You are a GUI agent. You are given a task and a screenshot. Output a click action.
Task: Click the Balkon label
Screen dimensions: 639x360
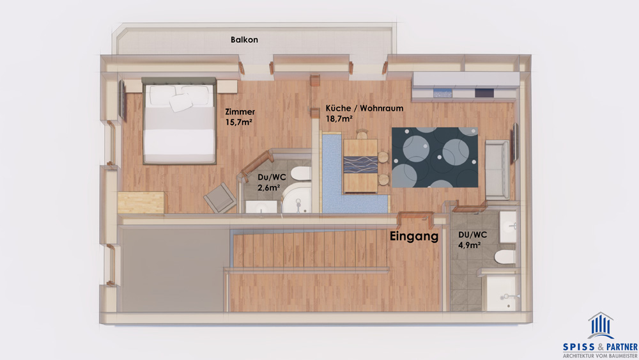(244, 40)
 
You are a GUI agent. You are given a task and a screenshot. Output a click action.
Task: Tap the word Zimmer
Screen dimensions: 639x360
(240, 112)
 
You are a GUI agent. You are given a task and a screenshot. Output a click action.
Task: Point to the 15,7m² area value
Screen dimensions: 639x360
(239, 122)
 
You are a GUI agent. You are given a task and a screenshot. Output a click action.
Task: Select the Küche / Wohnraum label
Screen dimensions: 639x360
(364, 109)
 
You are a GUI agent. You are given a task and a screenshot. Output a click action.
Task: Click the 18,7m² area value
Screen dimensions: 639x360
(339, 119)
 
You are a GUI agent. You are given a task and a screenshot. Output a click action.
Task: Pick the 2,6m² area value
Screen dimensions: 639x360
(268, 188)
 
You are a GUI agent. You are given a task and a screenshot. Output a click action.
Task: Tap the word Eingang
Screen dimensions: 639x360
(414, 237)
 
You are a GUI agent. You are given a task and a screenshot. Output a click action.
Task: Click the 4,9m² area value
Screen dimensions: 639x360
(470, 246)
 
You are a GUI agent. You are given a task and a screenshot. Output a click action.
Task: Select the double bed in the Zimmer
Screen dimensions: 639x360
(179, 121)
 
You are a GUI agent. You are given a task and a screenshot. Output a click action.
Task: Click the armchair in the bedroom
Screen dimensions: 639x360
(220, 198)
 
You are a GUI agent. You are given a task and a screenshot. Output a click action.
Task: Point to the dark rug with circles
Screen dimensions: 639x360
(435, 157)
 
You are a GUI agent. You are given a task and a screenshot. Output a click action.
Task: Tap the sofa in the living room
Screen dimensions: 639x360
(497, 169)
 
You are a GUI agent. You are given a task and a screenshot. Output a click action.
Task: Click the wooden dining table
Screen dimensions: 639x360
(360, 166)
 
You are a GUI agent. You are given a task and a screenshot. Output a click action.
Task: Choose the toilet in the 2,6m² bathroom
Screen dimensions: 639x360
(301, 173)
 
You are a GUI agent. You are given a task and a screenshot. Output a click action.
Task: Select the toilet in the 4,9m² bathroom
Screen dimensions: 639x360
(505, 257)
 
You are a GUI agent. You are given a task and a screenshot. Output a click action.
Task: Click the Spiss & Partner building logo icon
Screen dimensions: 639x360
(600, 325)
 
